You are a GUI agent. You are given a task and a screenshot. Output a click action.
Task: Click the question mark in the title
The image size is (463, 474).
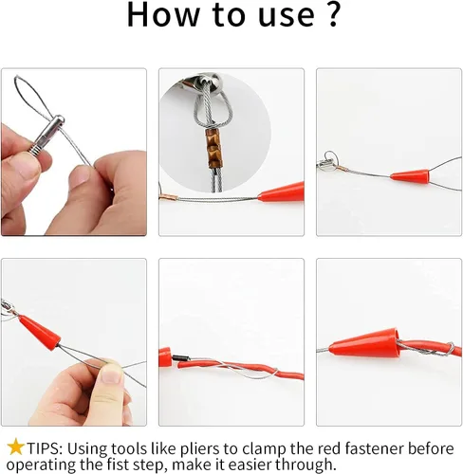331,14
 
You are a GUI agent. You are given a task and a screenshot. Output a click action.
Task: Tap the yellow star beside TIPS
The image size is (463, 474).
15,447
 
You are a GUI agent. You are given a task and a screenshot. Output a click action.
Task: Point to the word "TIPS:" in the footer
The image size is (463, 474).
46,448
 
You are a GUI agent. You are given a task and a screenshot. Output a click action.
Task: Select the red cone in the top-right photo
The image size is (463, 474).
410,176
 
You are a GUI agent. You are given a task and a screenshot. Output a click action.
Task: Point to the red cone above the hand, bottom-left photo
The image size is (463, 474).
39,333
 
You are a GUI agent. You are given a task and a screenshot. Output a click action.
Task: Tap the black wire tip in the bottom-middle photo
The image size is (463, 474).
180,358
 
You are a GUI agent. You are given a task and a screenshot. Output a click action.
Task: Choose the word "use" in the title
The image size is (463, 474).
287,16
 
